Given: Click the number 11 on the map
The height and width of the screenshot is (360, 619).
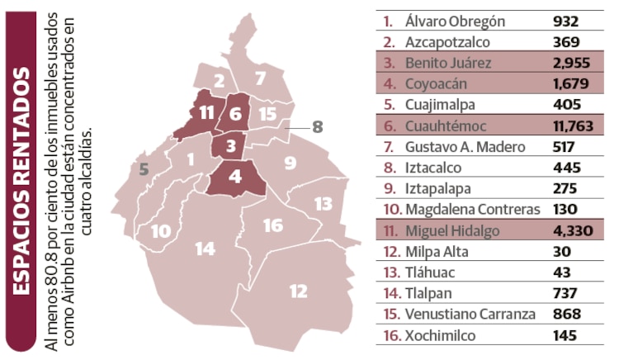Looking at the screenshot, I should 206,113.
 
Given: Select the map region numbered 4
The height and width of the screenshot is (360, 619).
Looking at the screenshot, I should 235,176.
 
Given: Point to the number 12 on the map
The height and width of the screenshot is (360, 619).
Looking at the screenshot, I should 298,291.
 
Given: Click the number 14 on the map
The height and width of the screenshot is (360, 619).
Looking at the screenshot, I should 205,249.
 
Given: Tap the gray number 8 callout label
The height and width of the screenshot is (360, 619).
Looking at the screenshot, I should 318,127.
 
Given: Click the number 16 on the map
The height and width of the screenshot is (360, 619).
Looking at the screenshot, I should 272,225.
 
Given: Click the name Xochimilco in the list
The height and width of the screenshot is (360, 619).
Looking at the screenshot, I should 441,336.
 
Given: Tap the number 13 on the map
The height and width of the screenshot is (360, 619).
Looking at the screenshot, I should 323,203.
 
